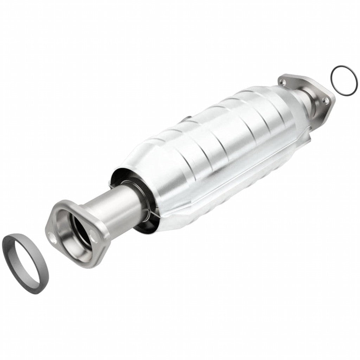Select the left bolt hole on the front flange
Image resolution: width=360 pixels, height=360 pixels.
pyautogui.click(x=53, y=240)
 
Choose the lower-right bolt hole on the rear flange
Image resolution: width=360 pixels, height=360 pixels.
pyautogui.click(x=326, y=101)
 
